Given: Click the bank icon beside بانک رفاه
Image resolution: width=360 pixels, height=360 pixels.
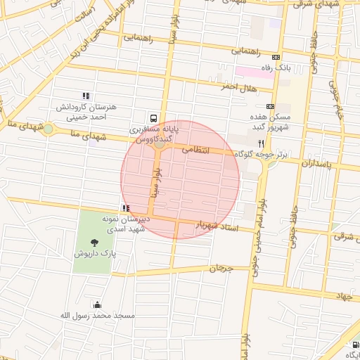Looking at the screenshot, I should click(x=276, y=58).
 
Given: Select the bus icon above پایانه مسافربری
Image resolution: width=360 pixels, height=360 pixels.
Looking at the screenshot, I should click(x=153, y=119).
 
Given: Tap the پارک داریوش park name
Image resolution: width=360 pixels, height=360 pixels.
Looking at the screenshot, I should click(x=95, y=253).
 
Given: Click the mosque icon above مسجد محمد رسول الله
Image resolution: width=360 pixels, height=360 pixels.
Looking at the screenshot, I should click(x=96, y=305).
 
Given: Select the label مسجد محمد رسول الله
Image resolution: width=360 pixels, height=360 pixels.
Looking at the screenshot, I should click(x=96, y=316).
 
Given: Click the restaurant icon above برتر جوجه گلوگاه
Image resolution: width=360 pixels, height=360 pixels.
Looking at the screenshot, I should click(x=261, y=142).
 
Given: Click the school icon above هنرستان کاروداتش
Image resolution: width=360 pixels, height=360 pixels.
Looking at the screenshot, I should click(x=86, y=96).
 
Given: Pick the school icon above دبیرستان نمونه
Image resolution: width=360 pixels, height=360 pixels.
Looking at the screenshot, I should click(x=126, y=208).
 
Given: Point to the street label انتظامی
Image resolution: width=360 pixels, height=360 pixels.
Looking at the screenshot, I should click(x=196, y=150).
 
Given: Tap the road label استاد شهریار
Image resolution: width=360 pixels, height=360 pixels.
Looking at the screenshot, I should click(x=217, y=227).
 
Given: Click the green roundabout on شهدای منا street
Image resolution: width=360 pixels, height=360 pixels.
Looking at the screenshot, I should click(x=48, y=129).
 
